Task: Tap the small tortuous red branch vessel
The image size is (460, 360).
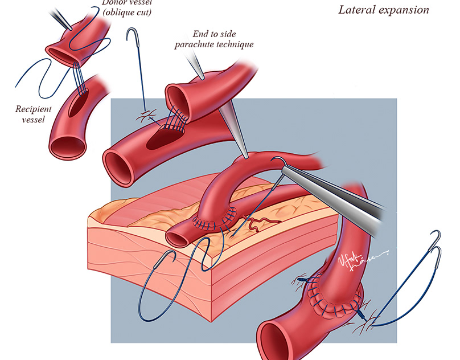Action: tap(261, 223)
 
